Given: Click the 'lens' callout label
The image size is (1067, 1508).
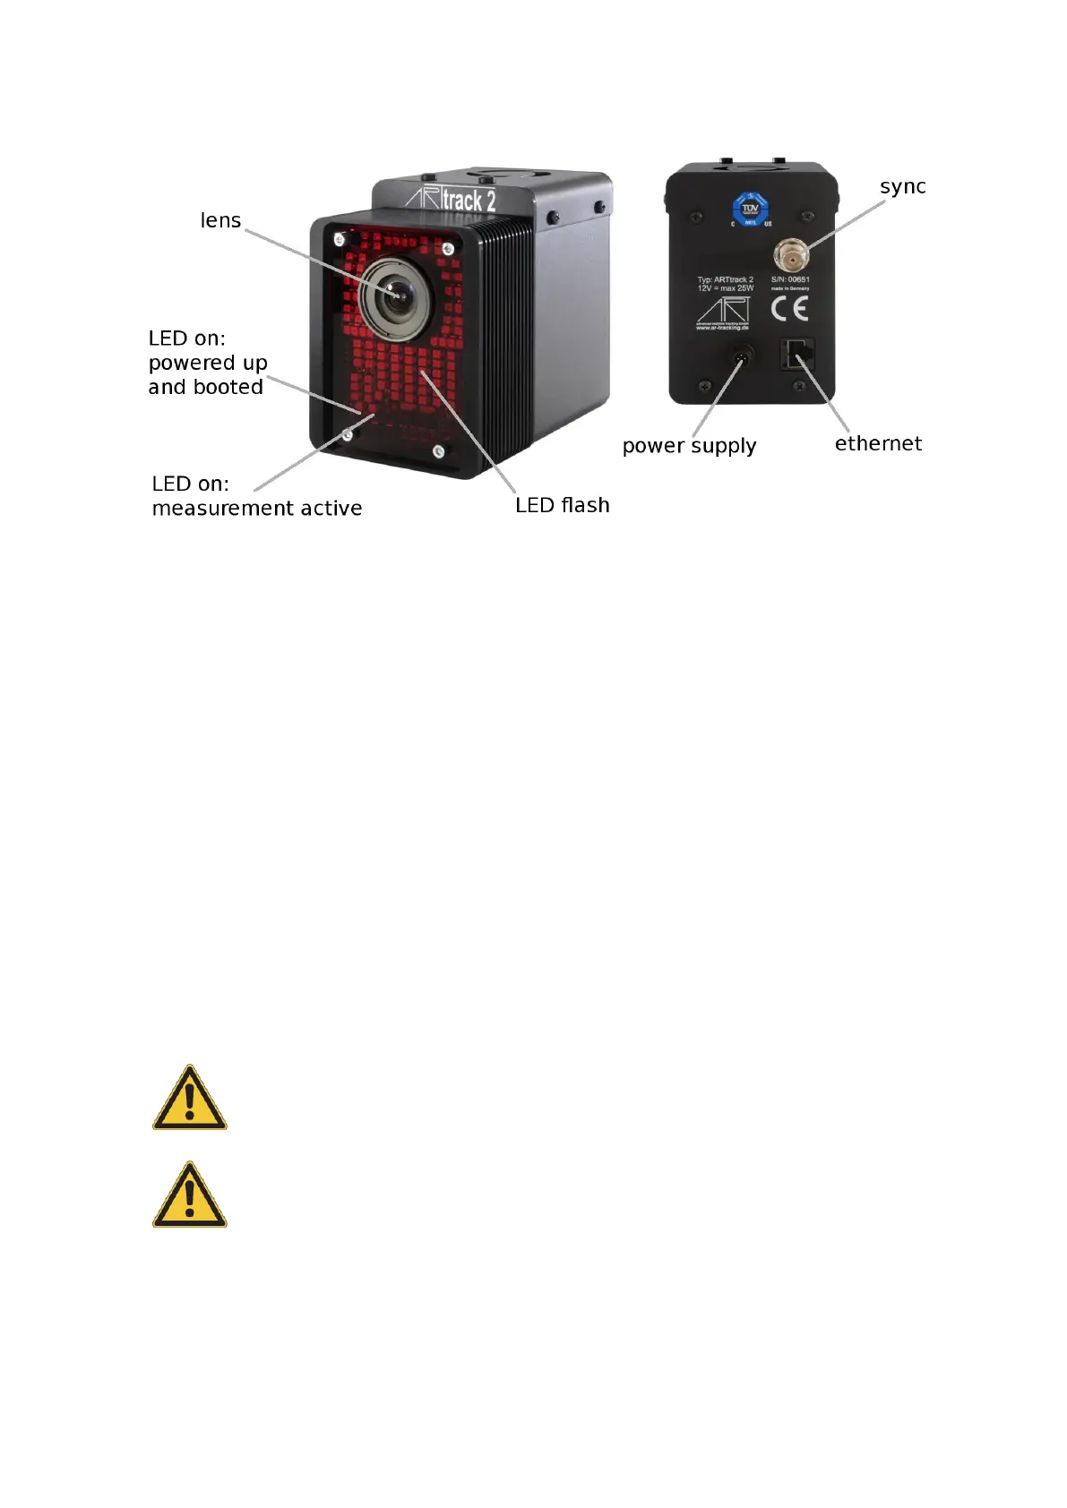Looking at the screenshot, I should (x=220, y=220).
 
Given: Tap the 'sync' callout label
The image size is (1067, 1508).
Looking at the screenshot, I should (x=902, y=187).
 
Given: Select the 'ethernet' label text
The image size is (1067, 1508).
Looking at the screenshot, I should (x=878, y=443).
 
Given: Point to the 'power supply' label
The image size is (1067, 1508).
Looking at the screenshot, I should (x=689, y=446).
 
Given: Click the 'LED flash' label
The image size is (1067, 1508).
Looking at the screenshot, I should (x=562, y=505).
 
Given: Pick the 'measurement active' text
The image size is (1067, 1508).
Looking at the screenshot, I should (x=257, y=509).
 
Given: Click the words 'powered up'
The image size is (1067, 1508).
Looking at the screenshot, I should (x=208, y=363).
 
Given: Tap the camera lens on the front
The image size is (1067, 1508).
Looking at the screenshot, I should (x=394, y=293).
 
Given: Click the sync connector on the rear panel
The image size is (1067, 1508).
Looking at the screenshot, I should (x=792, y=255).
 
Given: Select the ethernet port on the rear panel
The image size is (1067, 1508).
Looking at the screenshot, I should (x=797, y=355).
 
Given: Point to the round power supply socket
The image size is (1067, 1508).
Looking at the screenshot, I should (x=741, y=357).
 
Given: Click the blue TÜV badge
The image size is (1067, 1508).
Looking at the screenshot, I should (x=750, y=209).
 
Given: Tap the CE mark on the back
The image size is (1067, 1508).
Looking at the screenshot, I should (x=789, y=309).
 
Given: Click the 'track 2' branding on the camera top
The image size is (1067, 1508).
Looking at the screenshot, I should (x=469, y=200).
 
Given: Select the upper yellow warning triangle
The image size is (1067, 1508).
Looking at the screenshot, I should (x=189, y=1099).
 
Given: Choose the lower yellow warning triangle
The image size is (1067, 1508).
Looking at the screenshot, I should (x=189, y=1195).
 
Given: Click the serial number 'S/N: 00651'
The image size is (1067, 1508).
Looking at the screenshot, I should (x=790, y=279).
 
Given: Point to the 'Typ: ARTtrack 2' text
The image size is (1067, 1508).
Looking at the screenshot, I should (x=725, y=279).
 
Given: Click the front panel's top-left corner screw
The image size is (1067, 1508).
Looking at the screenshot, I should (x=339, y=238).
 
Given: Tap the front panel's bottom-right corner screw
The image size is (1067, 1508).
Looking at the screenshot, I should (x=438, y=452).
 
